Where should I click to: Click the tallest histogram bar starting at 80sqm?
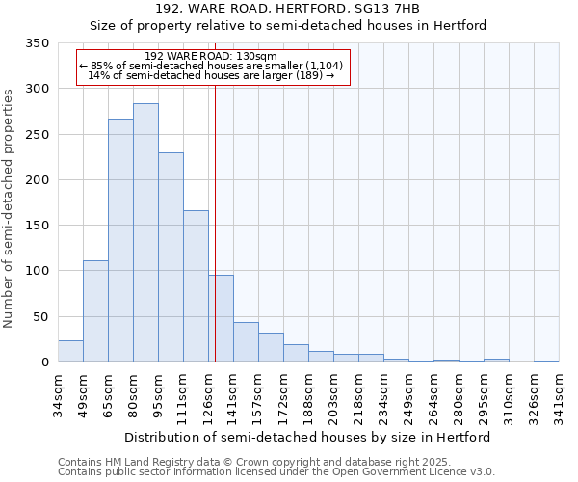(145, 232)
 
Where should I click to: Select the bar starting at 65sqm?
(120, 240)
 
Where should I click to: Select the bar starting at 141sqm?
(246, 342)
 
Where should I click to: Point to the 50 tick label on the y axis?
(40, 317)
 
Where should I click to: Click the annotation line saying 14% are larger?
(211, 75)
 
